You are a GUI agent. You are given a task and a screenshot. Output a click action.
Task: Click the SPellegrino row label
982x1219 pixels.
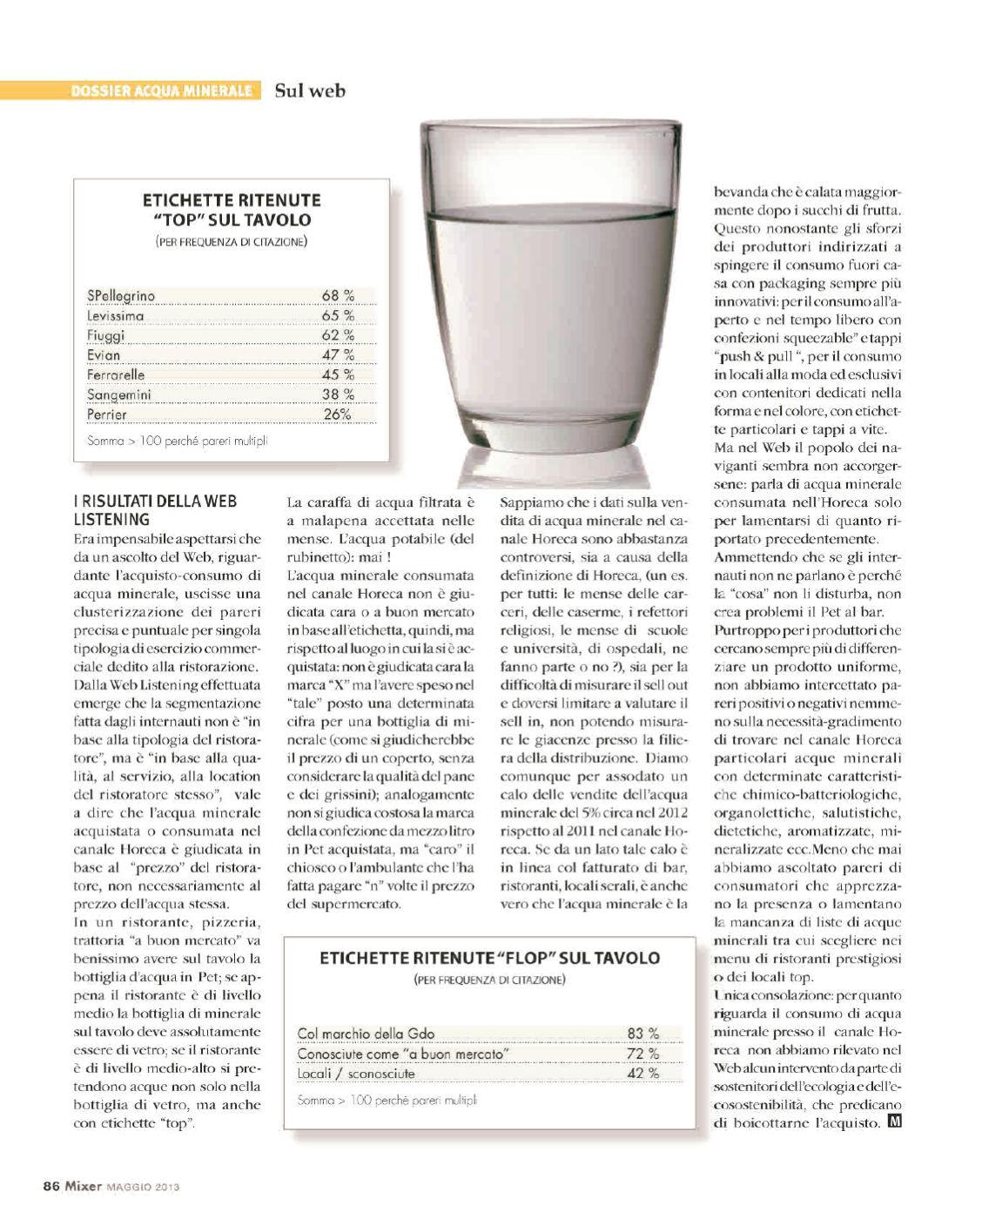point(121,296)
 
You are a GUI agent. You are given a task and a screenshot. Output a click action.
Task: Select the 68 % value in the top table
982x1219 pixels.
point(338,296)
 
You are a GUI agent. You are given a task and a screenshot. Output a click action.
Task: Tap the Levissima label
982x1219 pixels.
point(116,316)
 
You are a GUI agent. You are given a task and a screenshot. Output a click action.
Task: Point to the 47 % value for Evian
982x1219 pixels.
point(338,355)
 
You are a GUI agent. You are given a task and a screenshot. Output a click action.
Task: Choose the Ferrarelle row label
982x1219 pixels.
point(116,374)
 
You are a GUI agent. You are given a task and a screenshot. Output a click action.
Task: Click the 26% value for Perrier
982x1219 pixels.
point(337,414)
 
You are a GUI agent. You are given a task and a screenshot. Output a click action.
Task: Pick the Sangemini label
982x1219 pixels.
point(119,394)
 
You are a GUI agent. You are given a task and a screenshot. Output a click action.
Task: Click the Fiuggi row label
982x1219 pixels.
point(106,335)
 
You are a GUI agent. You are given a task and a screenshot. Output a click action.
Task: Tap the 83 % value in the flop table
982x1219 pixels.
point(642,1034)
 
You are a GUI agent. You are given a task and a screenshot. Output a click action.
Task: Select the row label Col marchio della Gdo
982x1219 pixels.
point(366,1034)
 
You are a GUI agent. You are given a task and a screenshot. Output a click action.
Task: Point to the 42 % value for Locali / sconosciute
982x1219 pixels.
point(642,1074)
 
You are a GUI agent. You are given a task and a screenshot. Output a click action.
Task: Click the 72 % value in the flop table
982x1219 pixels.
point(642,1054)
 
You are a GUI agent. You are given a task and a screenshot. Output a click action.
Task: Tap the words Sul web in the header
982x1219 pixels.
point(310,90)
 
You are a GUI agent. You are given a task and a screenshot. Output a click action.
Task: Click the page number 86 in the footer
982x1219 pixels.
point(50,1185)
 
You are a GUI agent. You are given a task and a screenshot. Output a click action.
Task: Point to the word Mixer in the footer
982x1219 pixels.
point(82,1185)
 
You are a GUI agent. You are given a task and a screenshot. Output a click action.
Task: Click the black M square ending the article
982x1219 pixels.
point(894,1122)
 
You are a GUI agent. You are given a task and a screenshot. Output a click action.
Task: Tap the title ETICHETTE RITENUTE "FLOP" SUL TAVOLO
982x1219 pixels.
point(489,959)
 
